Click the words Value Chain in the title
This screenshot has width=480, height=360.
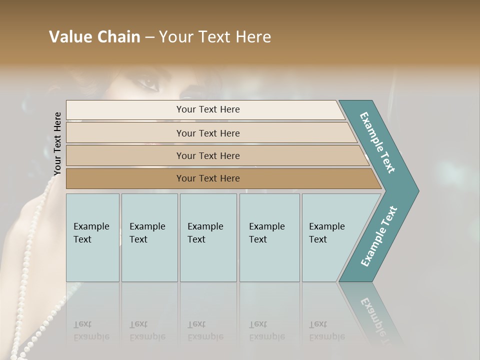[94, 37]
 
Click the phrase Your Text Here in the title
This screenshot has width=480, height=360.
[215, 37]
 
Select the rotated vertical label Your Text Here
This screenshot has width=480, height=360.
[57, 144]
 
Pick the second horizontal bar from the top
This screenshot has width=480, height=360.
[207, 133]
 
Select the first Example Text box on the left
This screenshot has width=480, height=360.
[92, 237]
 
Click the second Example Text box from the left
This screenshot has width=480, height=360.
[149, 237]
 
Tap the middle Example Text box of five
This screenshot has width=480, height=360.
[208, 237]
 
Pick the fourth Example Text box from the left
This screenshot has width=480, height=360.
[269, 237]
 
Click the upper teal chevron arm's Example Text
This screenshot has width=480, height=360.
[378, 142]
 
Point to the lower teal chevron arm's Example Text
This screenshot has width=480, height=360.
[379, 236]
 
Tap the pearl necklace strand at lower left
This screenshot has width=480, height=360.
[30, 280]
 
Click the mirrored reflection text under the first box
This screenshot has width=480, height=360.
[91, 331]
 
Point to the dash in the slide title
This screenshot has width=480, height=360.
[149, 37]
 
